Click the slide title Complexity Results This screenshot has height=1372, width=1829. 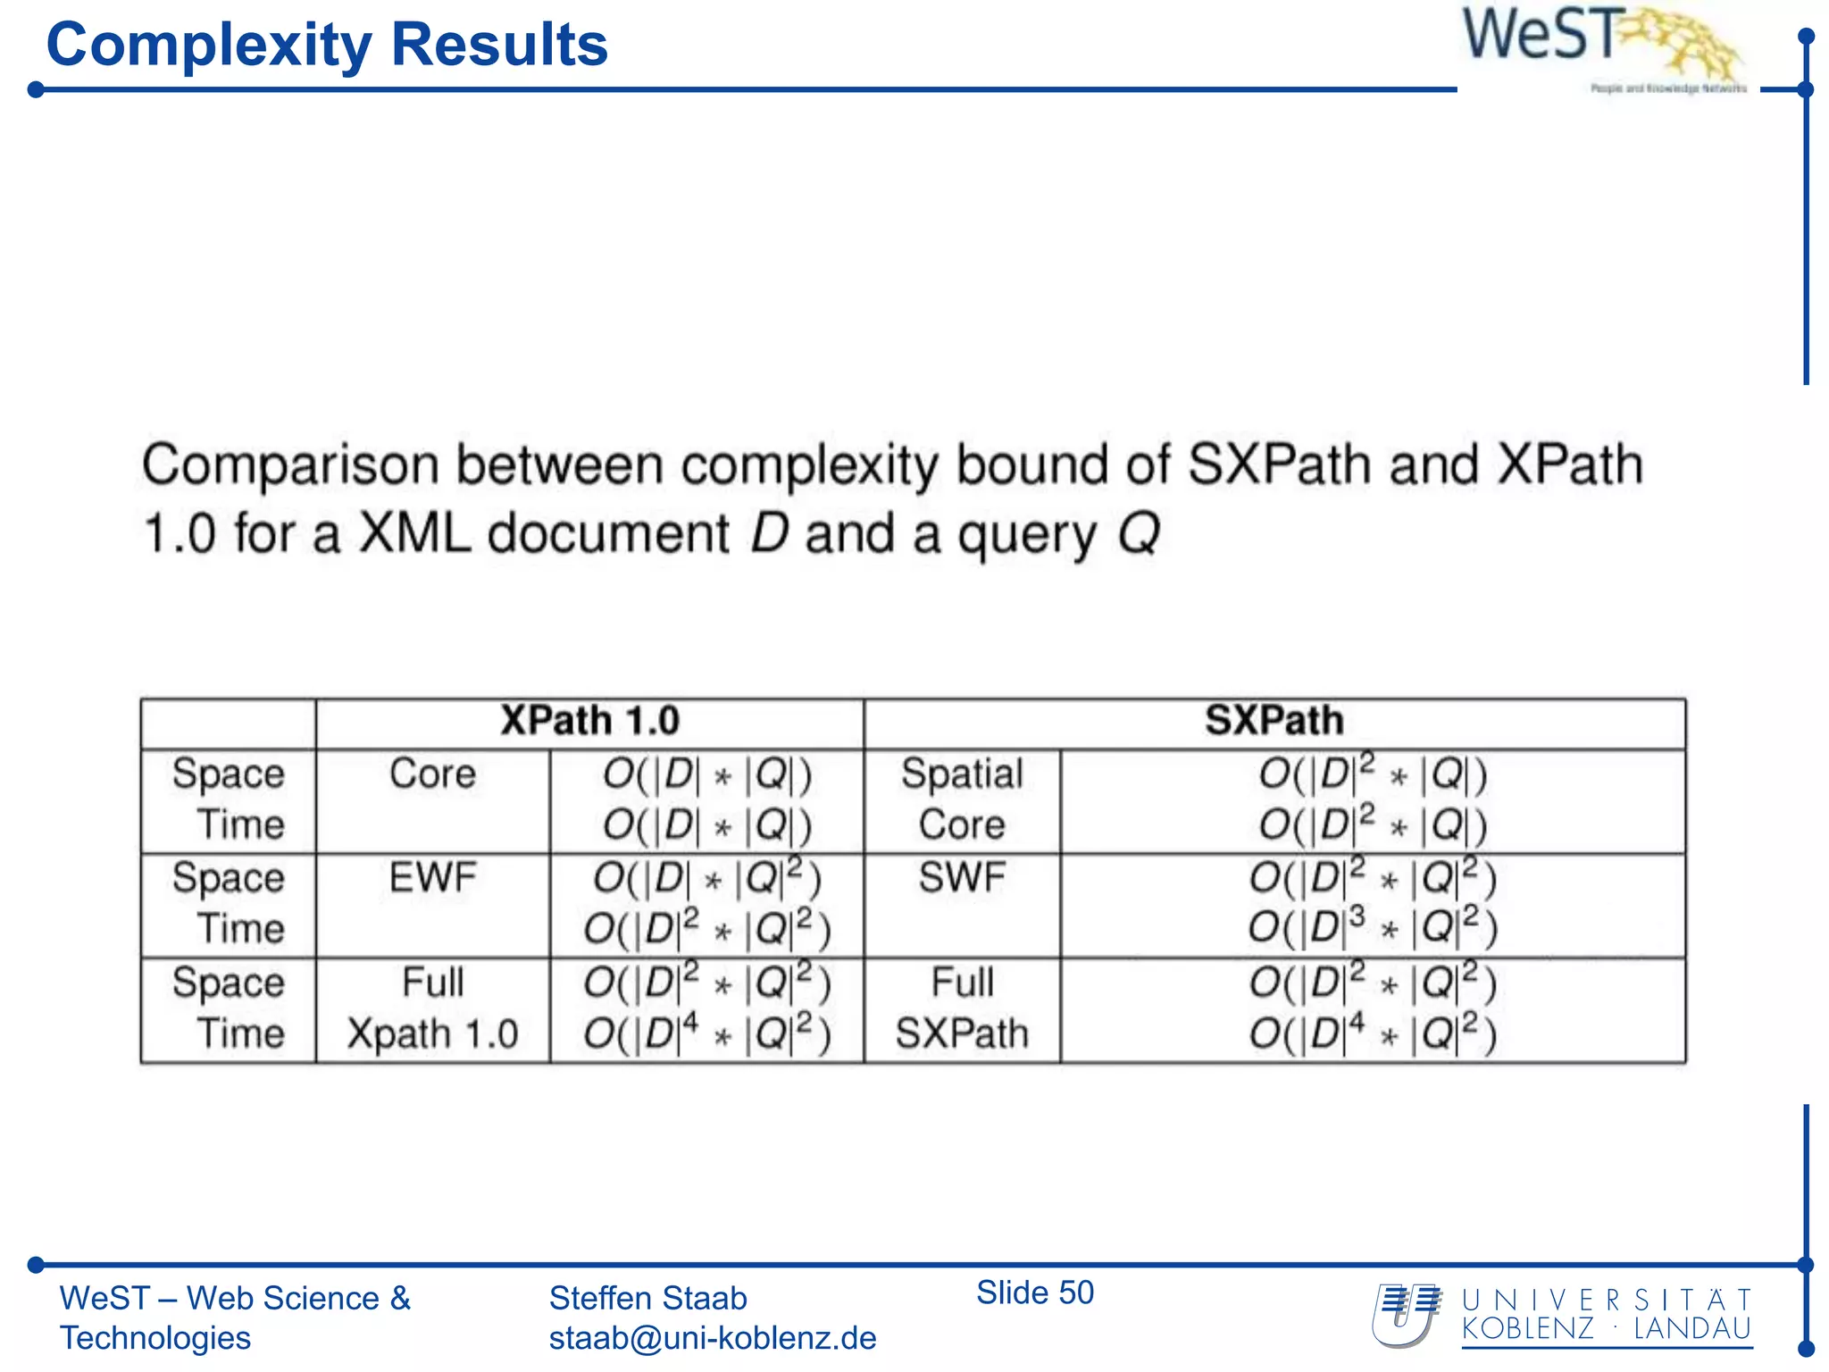(327, 45)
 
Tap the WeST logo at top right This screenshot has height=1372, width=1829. (1603, 45)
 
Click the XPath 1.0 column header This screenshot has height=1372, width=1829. (589, 721)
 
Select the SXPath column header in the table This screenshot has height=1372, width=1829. (1274, 721)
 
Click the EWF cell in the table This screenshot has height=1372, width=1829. (433, 878)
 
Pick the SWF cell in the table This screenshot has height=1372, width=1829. (962, 878)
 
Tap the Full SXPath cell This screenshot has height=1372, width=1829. (962, 1008)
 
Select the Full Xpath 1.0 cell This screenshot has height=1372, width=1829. (433, 1008)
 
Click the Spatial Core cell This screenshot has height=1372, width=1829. (962, 799)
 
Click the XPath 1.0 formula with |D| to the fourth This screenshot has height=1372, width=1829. (706, 1033)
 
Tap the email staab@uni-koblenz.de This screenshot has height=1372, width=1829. (712, 1338)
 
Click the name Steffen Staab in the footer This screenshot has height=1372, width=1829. (647, 1298)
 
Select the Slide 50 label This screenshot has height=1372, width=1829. (1034, 1293)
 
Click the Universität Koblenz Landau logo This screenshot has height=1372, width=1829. (1563, 1316)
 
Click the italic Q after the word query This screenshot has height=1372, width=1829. (1138, 533)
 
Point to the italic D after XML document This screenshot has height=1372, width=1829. (769, 533)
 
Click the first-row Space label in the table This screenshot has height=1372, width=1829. (228, 774)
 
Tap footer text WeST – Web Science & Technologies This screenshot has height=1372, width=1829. (234, 1318)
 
